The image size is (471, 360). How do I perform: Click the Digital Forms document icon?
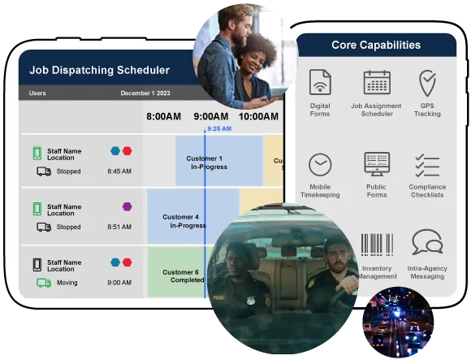(320, 82)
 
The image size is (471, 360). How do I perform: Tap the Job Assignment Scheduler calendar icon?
(377, 82)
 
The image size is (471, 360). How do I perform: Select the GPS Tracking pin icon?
(427, 83)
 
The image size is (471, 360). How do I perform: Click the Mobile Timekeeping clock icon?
(320, 164)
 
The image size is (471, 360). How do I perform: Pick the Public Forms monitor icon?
(377, 164)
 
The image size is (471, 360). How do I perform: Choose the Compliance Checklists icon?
(427, 165)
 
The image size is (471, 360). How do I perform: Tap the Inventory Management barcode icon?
(377, 245)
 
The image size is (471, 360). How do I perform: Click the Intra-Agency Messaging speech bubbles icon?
(427, 242)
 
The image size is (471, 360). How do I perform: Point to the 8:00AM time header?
(164, 116)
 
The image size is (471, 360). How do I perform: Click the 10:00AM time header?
(258, 116)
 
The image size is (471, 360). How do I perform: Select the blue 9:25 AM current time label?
(219, 128)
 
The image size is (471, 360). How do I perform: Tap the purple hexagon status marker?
(127, 206)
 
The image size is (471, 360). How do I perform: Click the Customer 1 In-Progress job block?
(219, 161)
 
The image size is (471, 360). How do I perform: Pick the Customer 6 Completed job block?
(177, 271)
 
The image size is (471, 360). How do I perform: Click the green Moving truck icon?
(44, 283)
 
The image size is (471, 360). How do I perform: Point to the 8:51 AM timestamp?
(119, 227)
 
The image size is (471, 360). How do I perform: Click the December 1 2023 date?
(145, 93)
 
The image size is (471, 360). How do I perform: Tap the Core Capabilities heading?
(376, 45)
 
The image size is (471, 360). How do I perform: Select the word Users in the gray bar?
(37, 93)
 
